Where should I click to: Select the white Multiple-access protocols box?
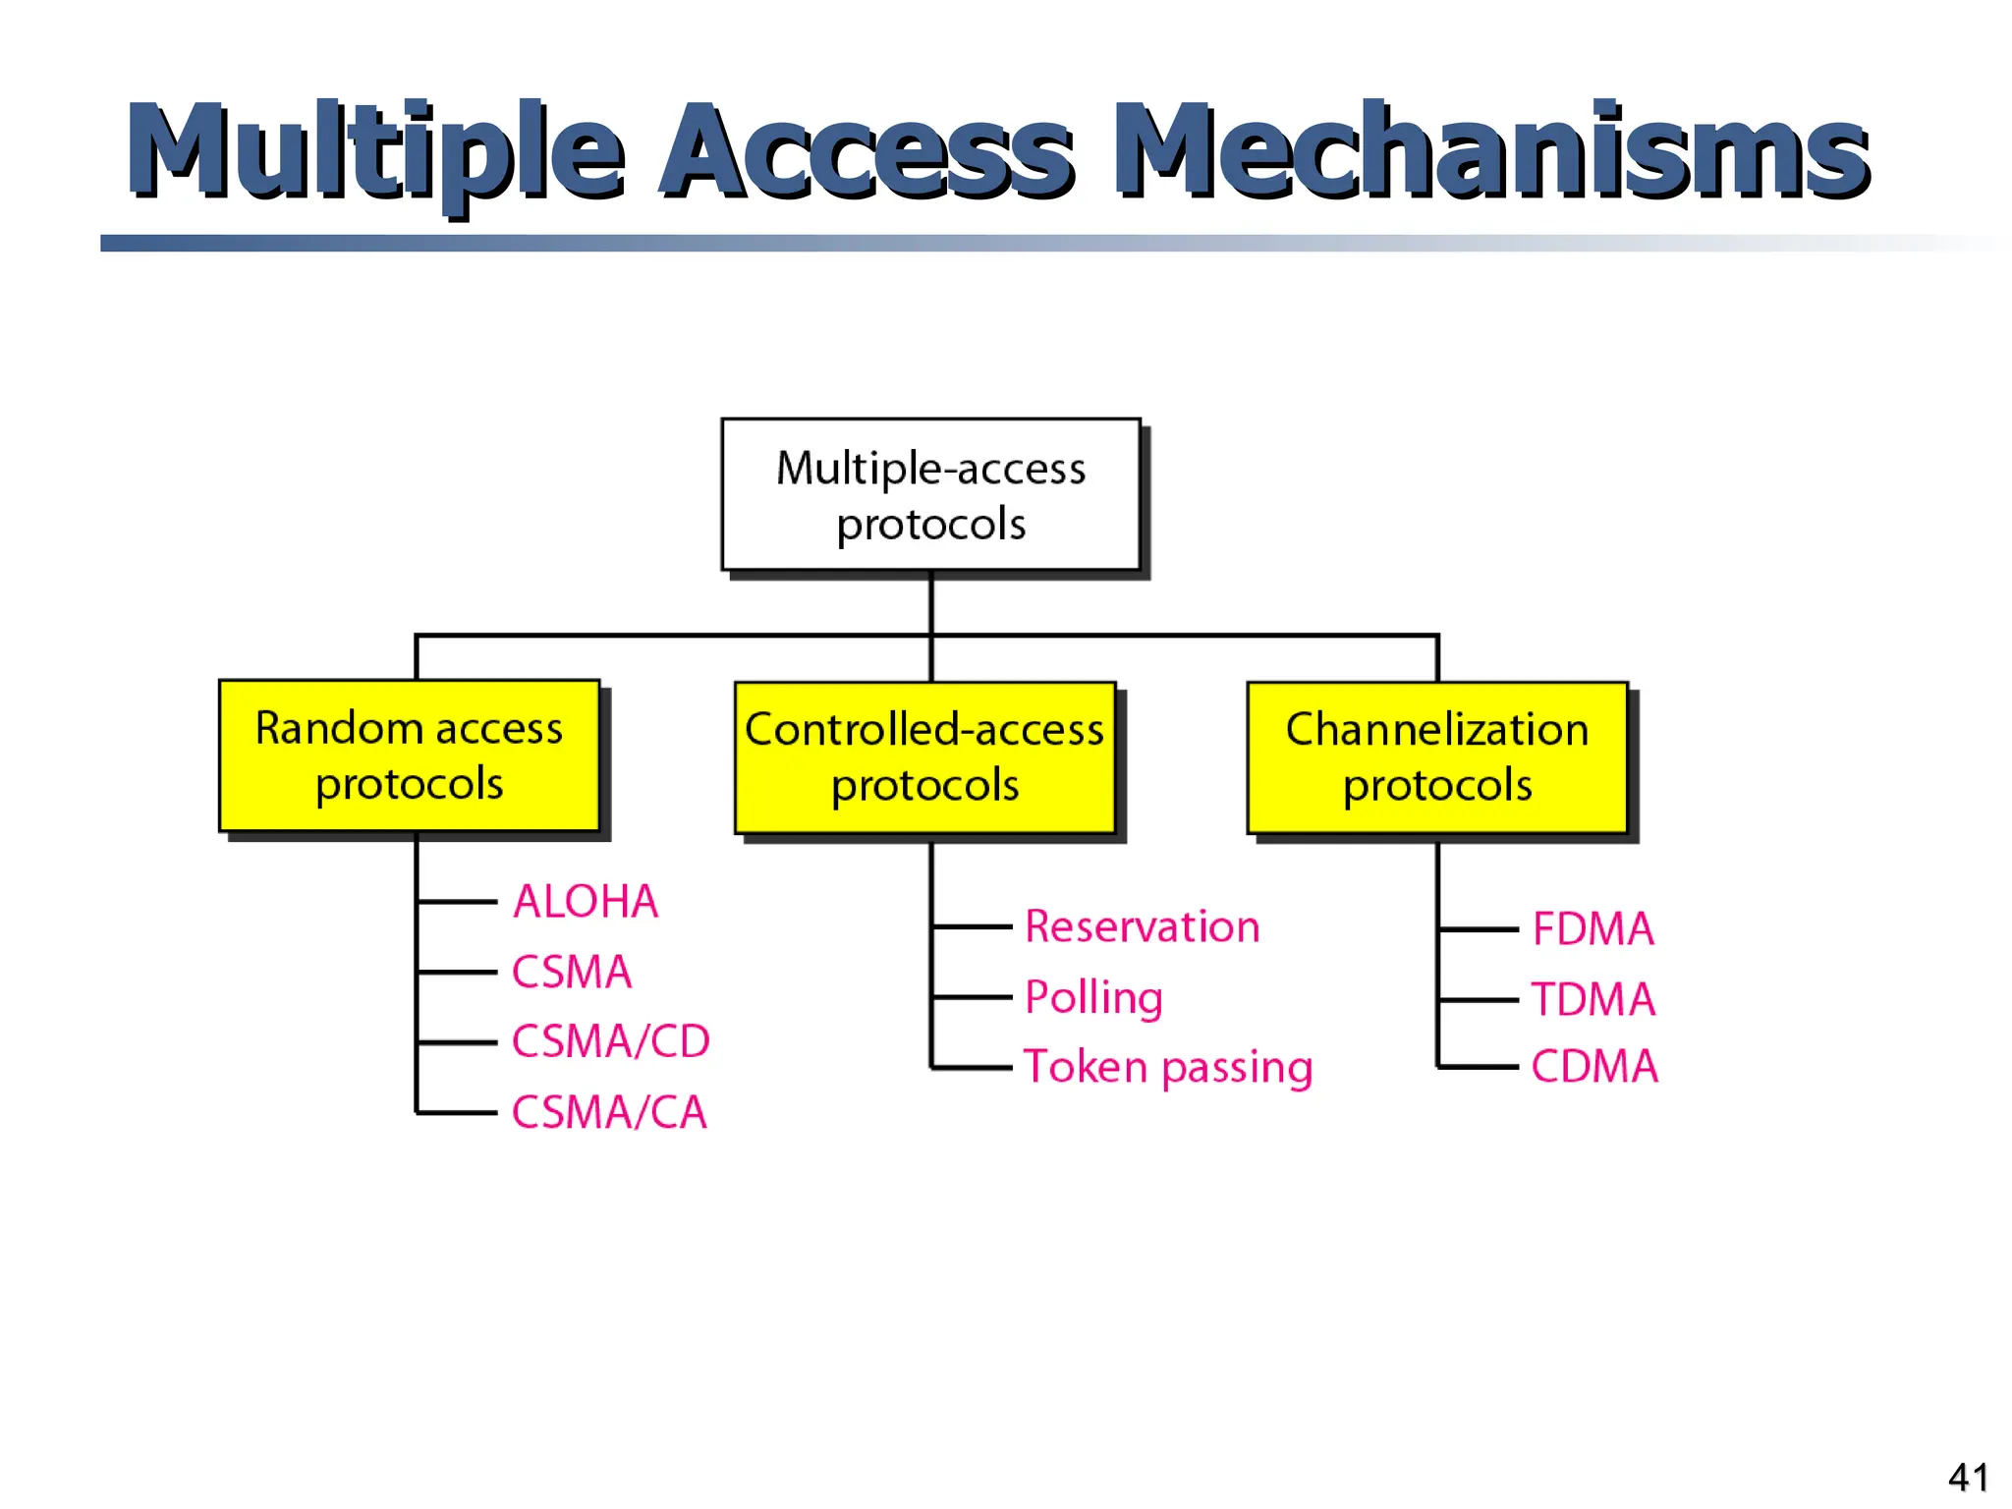point(930,494)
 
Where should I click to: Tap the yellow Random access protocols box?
point(409,755)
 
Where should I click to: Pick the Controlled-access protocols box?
point(924,757)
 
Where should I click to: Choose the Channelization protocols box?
point(1436,757)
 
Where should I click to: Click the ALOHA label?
point(586,901)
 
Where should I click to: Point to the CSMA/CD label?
point(610,1041)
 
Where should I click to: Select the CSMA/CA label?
point(609,1112)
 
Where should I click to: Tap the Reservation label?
point(1142,926)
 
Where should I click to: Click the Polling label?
point(1093,997)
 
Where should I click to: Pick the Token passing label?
point(1167,1067)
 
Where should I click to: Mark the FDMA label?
point(1593,928)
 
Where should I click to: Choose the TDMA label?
point(1593,999)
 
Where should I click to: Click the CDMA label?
point(1593,1067)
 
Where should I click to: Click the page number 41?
point(1968,1477)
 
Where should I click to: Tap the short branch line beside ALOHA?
point(458,901)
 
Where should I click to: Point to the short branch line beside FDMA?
point(1479,928)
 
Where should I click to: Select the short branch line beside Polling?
point(972,997)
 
